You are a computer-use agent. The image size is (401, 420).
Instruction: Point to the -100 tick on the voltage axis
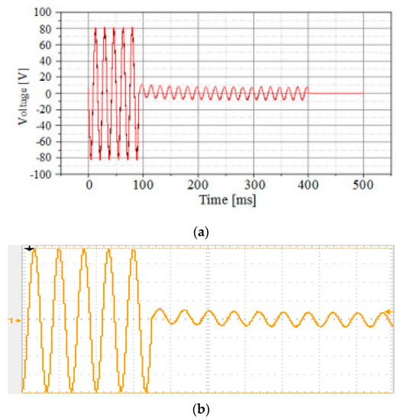coord(60,174)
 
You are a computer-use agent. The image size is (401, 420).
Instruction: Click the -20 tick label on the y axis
coord(62,110)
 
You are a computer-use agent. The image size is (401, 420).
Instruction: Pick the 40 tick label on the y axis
coord(65,62)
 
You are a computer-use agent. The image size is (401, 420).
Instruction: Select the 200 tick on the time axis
coord(199,185)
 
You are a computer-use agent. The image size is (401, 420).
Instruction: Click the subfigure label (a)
coord(200,227)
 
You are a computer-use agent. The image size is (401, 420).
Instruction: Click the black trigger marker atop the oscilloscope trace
coord(30,248)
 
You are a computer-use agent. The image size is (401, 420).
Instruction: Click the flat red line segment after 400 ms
coord(336,94)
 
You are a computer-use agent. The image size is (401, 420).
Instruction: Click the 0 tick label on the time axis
coord(89,185)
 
